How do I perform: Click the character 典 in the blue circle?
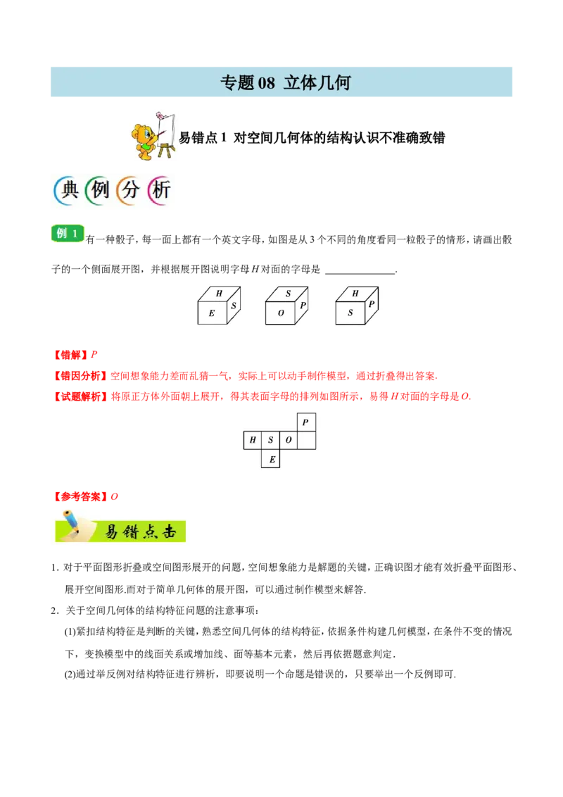coord(68,190)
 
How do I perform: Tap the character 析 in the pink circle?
coord(160,190)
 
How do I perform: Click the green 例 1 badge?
coord(68,233)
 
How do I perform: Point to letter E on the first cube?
coord(211,313)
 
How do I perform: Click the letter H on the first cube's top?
coord(219,293)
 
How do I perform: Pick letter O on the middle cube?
coord(281,313)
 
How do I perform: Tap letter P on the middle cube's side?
coord(303,306)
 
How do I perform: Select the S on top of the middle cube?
coord(288,293)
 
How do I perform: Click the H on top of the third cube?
coord(355,293)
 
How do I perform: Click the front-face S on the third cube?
coord(350,313)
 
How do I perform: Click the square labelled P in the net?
coord(305,422)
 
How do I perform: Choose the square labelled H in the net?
coord(253,441)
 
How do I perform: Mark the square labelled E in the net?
coord(271,459)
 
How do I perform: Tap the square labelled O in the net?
coord(289,441)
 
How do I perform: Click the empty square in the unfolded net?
coord(306,441)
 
